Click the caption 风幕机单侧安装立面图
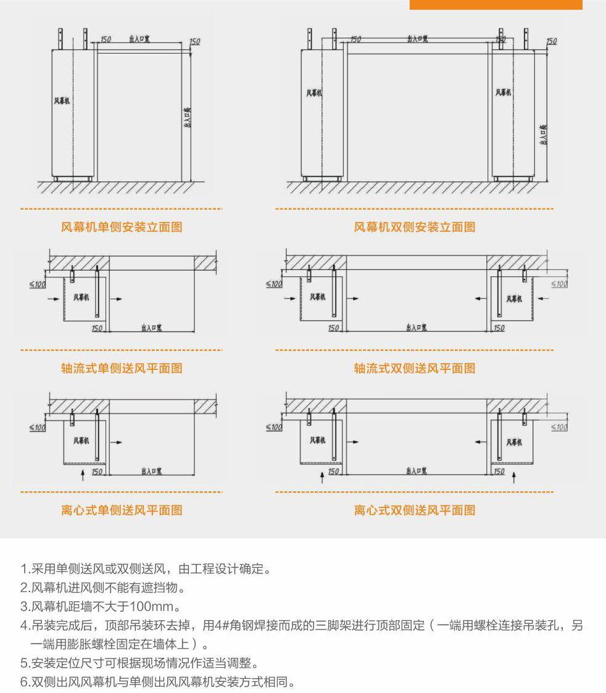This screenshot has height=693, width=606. click(x=122, y=228)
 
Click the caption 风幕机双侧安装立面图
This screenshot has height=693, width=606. click(x=414, y=228)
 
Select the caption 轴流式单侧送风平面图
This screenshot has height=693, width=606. click(x=122, y=369)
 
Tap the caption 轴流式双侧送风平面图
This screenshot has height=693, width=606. click(x=414, y=369)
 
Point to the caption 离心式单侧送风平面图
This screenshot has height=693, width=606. click(x=122, y=511)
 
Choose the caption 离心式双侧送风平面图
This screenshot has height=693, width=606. click(x=414, y=511)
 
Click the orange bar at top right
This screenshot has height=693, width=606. click(x=496, y=4)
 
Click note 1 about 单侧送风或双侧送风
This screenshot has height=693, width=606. click(x=145, y=568)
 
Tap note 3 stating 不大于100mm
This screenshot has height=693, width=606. click(x=100, y=607)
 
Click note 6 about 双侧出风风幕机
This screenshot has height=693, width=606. click(x=157, y=683)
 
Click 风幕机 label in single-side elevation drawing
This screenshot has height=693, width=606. click(x=62, y=100)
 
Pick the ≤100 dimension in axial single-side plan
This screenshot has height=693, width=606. click(x=38, y=284)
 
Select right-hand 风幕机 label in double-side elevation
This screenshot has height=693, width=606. click(x=503, y=92)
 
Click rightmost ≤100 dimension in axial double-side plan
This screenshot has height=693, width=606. click(x=558, y=284)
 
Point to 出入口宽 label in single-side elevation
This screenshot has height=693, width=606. click(x=139, y=39)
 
